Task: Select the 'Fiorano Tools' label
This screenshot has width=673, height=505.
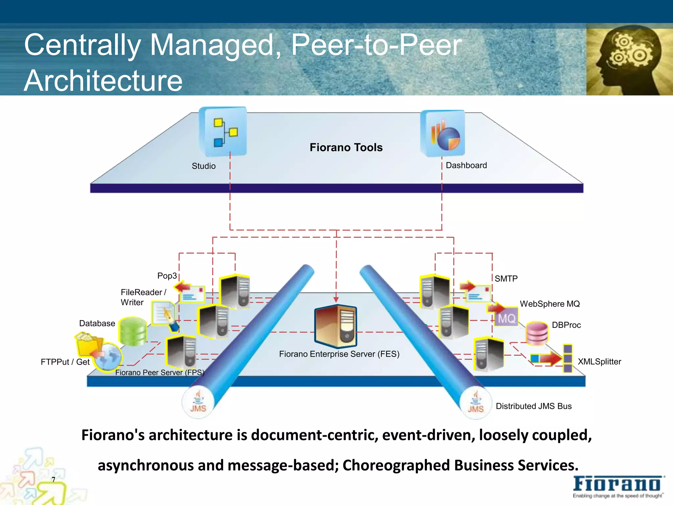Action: click(346, 147)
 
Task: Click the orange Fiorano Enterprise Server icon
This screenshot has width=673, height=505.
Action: click(336, 326)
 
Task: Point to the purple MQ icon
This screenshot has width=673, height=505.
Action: click(506, 317)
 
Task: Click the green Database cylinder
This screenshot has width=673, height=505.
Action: click(133, 331)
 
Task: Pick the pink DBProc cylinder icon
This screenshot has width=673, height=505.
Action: click(537, 333)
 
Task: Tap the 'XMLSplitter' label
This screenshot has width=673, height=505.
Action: click(599, 362)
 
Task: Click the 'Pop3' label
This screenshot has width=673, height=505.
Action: click(167, 276)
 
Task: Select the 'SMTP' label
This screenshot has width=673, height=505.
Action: click(506, 279)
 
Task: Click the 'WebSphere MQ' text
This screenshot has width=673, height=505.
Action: click(550, 304)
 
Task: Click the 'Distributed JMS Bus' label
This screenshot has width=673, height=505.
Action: click(534, 406)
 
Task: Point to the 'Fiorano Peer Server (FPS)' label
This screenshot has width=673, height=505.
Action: click(160, 373)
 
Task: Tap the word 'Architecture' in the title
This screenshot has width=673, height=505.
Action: click(103, 81)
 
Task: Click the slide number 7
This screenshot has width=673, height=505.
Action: click(54, 480)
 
